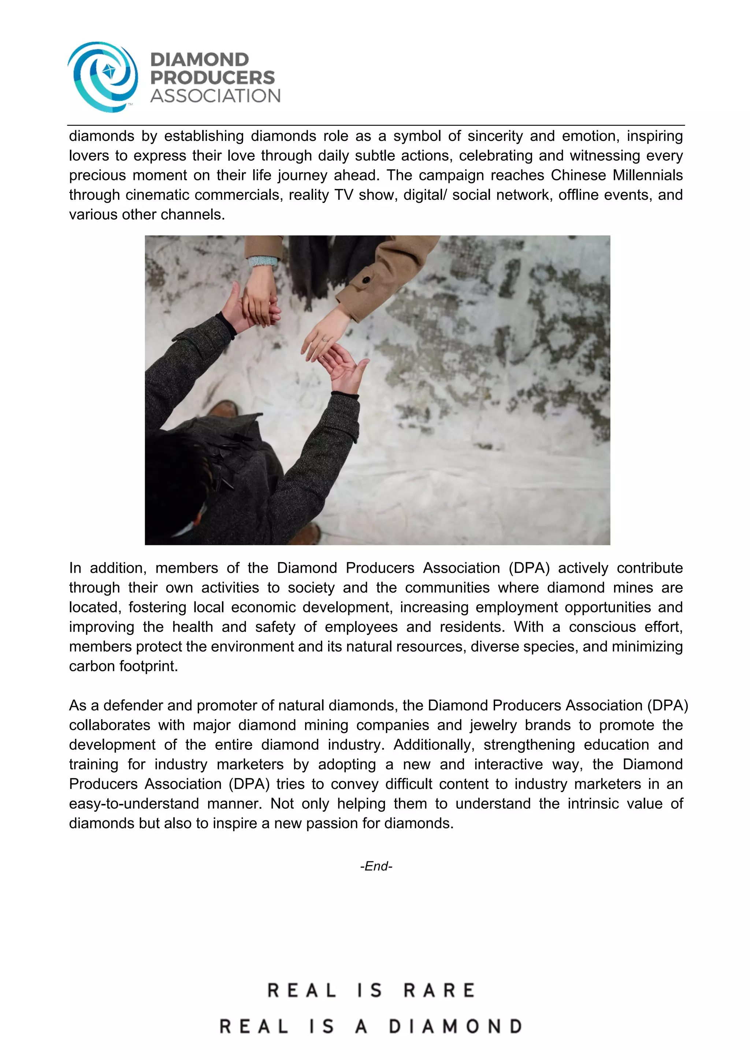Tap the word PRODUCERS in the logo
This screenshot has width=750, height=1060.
click(212, 78)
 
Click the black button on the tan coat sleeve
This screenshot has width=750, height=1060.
click(365, 280)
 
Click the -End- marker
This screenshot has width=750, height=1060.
click(376, 866)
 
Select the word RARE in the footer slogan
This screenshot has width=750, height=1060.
click(439, 990)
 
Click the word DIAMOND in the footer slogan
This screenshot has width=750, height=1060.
click(455, 1027)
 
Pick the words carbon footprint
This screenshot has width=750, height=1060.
click(123, 666)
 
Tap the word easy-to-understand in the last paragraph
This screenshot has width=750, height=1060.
click(134, 804)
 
